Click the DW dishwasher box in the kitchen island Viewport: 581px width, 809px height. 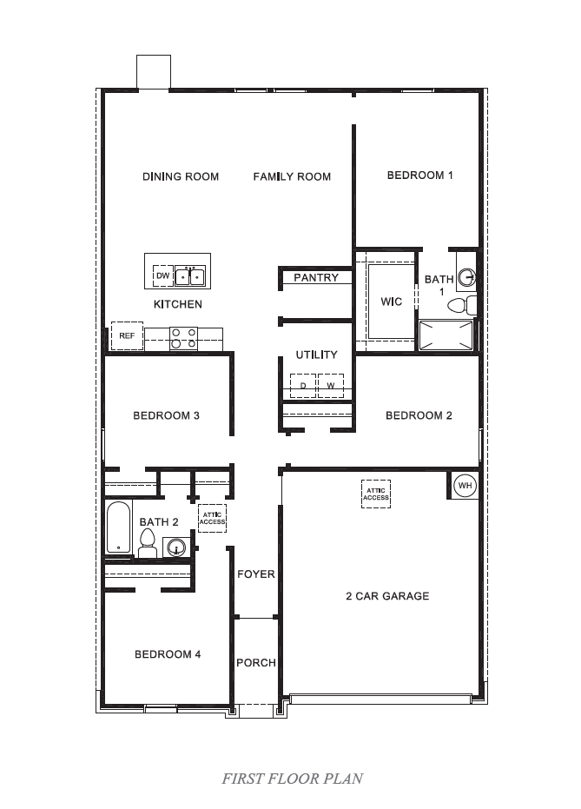(x=162, y=276)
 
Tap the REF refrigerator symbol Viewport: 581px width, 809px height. (x=127, y=335)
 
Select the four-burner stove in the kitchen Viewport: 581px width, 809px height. (x=183, y=337)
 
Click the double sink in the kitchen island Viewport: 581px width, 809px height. (x=191, y=276)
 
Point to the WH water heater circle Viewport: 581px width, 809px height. (x=465, y=485)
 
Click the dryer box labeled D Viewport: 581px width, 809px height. (x=303, y=385)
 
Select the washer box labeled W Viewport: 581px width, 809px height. (x=330, y=385)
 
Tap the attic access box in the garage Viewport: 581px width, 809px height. (x=376, y=494)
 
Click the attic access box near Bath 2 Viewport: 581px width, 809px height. (x=212, y=518)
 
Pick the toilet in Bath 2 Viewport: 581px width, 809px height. (x=148, y=543)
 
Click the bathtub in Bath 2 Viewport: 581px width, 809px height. (x=117, y=528)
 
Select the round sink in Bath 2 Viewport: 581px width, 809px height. (x=177, y=548)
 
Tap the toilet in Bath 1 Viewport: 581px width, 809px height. (x=470, y=305)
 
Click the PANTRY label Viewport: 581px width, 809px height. (x=316, y=278)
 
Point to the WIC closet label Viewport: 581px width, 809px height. (x=391, y=302)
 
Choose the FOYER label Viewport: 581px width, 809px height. (x=256, y=574)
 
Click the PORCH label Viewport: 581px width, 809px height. (x=256, y=663)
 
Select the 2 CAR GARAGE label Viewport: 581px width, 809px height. (x=387, y=596)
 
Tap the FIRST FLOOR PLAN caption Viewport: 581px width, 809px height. (x=292, y=779)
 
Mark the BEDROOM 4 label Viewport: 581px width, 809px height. (x=168, y=654)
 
